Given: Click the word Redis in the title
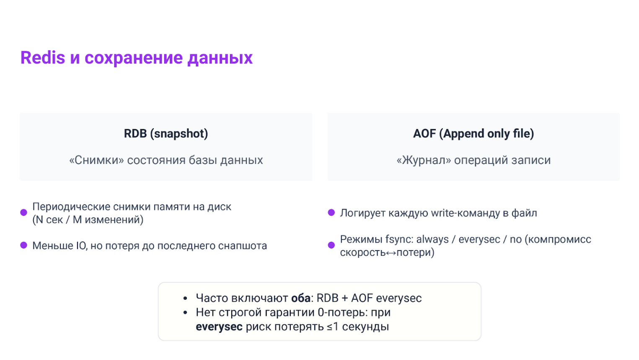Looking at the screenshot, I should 43,58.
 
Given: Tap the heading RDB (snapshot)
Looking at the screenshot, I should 166,134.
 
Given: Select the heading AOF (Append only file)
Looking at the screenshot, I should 473,134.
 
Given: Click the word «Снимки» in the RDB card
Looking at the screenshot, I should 96,160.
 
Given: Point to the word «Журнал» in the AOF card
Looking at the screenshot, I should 424,160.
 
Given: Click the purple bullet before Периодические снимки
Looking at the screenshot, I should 24,213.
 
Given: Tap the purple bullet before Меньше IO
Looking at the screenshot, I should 24,245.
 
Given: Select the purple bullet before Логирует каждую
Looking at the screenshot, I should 331,212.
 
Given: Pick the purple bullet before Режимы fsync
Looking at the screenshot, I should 331,245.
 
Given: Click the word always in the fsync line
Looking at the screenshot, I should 432,239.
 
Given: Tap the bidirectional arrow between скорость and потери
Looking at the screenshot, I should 391,253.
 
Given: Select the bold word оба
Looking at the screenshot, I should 300,298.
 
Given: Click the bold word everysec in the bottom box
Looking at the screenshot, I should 219,327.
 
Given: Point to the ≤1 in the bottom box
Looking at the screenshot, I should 333,327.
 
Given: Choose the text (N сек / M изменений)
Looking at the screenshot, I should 88,220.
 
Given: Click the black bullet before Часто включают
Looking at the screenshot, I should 185,298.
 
